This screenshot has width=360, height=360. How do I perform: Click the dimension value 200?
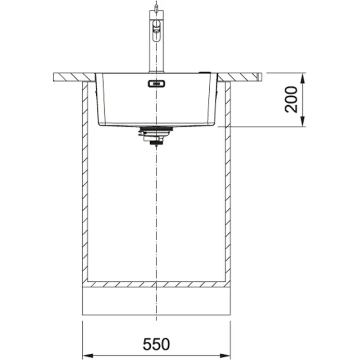tap(292, 99)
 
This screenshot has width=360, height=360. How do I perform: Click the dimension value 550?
tap(157, 344)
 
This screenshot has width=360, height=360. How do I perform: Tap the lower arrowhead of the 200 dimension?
tap(302, 122)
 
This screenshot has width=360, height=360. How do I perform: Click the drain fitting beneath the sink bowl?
tap(155, 135)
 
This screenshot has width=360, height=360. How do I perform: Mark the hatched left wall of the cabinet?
tap(85, 180)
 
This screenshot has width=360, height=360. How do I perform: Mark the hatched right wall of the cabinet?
tap(228, 180)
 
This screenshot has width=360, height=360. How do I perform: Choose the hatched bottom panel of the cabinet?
tap(156, 284)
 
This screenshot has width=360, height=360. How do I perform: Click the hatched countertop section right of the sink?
tap(241, 76)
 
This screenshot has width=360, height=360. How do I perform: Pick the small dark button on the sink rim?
tap(205, 72)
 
